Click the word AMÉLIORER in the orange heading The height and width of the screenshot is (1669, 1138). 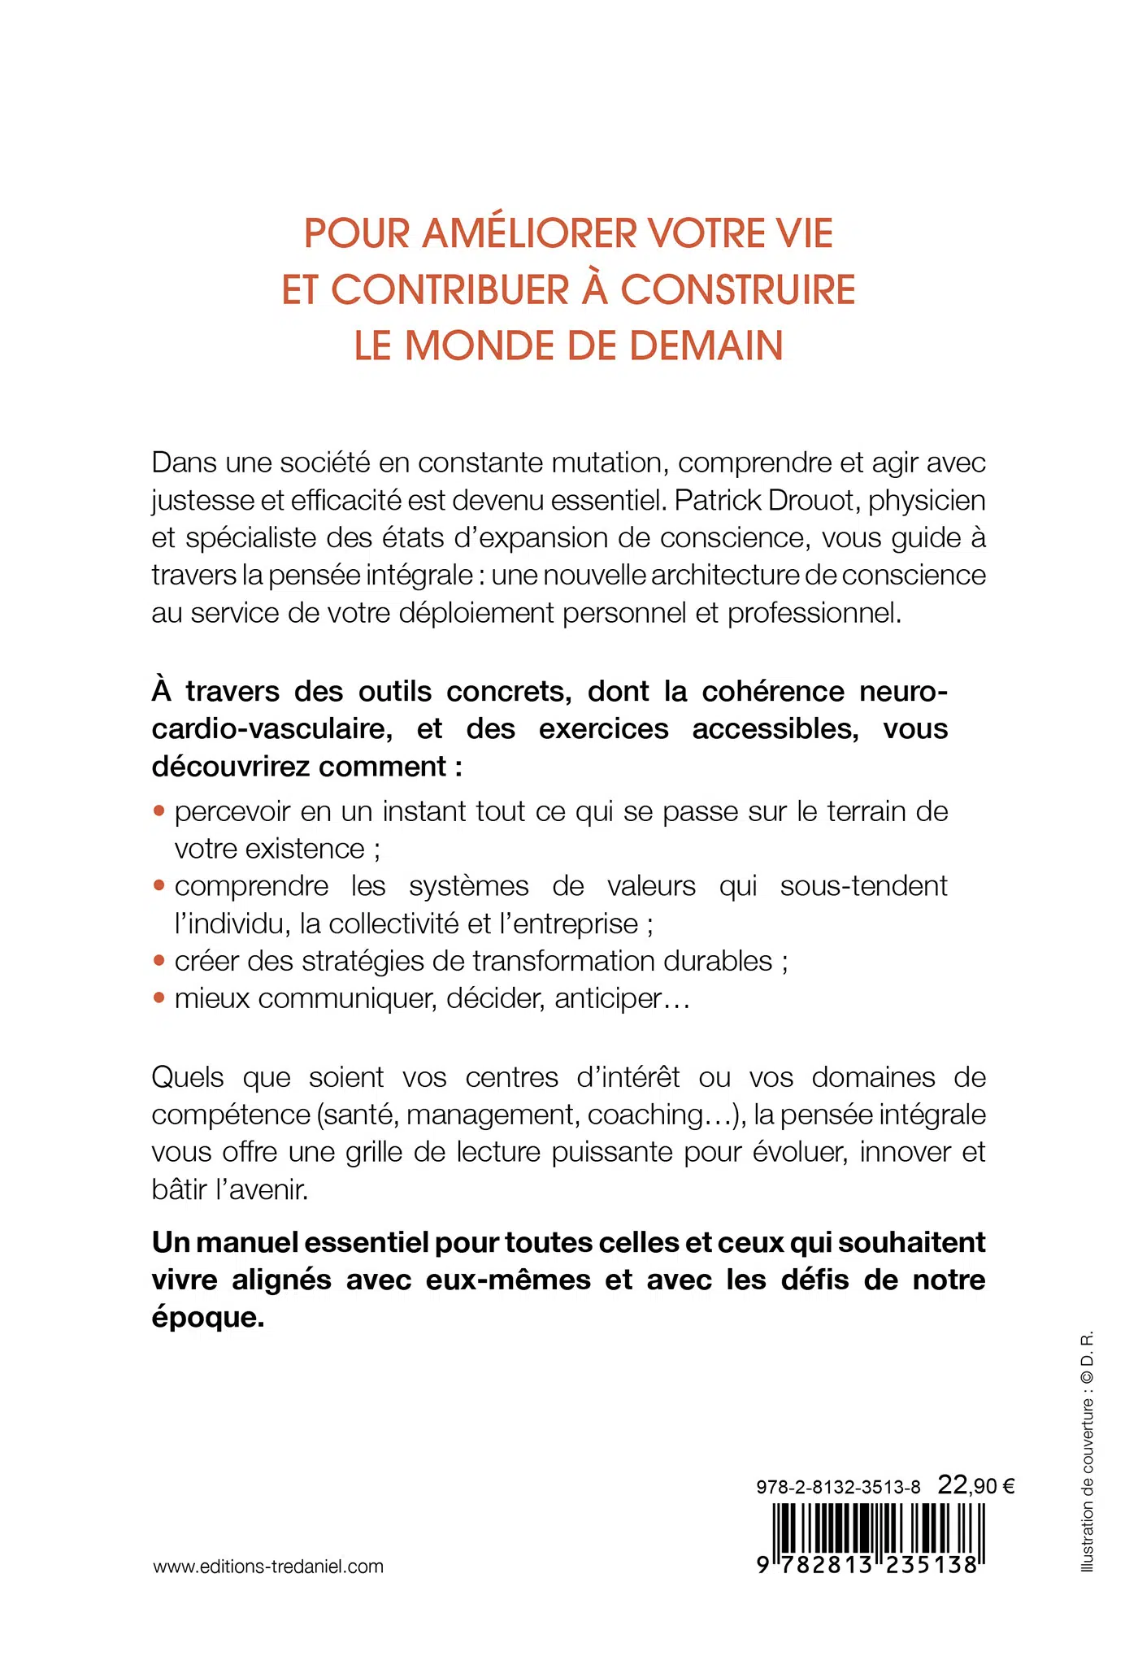point(532,234)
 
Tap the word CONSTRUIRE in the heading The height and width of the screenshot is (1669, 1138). point(738,290)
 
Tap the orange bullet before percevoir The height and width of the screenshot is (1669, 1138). point(159,811)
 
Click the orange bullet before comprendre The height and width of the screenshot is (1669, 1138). point(159,885)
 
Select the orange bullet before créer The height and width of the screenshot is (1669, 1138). point(159,961)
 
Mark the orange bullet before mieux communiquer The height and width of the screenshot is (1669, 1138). point(159,997)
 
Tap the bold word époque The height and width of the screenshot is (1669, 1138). point(208,1317)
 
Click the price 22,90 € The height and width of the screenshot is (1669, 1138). point(976,1486)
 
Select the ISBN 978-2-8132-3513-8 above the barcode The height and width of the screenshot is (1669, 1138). point(838,1487)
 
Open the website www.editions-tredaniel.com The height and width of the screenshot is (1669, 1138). point(268,1567)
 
